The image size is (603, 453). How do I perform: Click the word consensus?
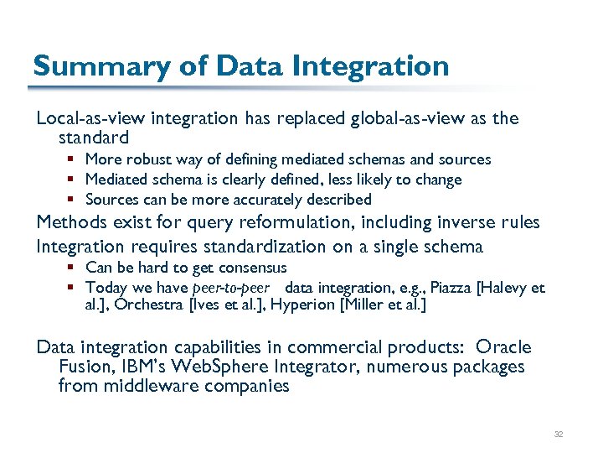[x=251, y=268]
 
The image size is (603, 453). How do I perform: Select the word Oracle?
[x=504, y=347]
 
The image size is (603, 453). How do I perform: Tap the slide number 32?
[x=559, y=435]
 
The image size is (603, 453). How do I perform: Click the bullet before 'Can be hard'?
[x=75, y=268]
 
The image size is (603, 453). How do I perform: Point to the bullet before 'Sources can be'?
[x=75, y=200]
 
